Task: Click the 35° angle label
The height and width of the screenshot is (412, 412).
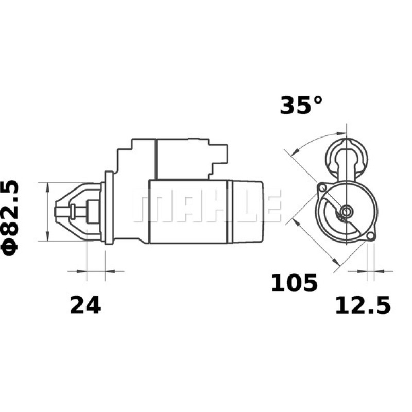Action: click(301, 106)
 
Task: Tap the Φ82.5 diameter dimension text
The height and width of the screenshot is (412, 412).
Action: click(11, 216)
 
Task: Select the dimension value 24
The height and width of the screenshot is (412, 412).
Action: click(85, 305)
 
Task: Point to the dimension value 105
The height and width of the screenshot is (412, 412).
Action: click(294, 283)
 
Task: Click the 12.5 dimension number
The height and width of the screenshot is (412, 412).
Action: click(363, 305)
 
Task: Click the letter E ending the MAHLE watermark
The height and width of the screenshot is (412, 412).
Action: click(273, 205)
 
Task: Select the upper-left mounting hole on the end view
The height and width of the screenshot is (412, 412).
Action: click(322, 186)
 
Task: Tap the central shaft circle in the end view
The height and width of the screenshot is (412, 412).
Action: click(346, 211)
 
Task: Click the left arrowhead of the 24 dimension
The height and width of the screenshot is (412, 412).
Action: click(82, 271)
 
